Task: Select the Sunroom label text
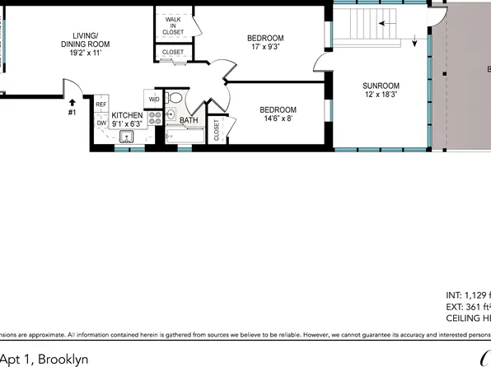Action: (381, 86)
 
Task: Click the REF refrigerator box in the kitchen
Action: (101, 105)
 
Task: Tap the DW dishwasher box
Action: (101, 123)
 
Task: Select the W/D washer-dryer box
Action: (154, 100)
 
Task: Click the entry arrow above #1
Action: (72, 103)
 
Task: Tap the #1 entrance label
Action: (72, 113)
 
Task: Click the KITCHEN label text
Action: (127, 115)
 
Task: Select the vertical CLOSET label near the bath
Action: (217, 130)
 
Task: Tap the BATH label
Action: (189, 120)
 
